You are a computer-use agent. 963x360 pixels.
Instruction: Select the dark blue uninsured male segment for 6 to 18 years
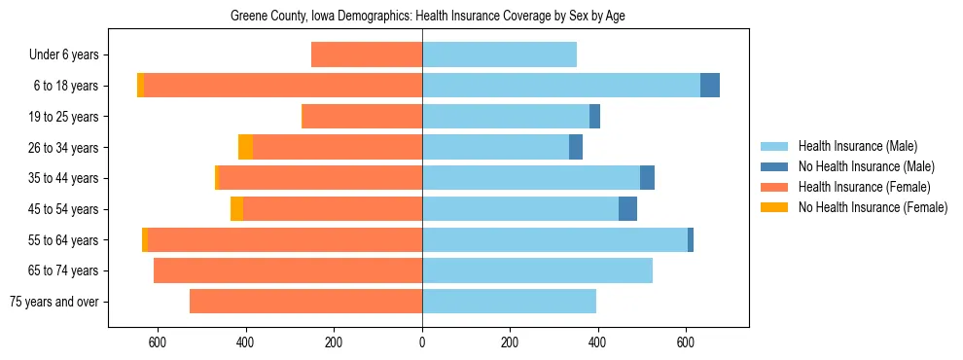point(710,86)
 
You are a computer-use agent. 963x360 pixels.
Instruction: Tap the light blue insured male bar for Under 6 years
point(499,54)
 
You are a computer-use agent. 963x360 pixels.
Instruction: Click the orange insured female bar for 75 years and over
point(305,302)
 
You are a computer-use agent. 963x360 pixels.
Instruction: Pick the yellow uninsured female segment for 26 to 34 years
point(245,147)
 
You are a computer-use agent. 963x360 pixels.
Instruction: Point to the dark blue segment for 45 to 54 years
point(627,209)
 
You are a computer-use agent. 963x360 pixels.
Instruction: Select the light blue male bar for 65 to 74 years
point(537,270)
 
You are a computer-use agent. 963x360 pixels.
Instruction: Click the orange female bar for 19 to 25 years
point(362,117)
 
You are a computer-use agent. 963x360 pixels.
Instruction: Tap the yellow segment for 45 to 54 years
point(236,209)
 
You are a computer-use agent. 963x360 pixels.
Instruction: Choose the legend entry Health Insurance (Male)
point(856,146)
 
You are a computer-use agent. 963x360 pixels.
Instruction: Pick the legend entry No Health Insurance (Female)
point(873,207)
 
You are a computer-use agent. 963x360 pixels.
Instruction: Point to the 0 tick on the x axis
point(422,342)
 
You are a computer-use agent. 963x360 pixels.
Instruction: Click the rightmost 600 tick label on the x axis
point(686,342)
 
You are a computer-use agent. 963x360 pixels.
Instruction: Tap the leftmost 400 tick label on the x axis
point(246,342)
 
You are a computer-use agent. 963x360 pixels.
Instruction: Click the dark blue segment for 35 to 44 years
point(647,178)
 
